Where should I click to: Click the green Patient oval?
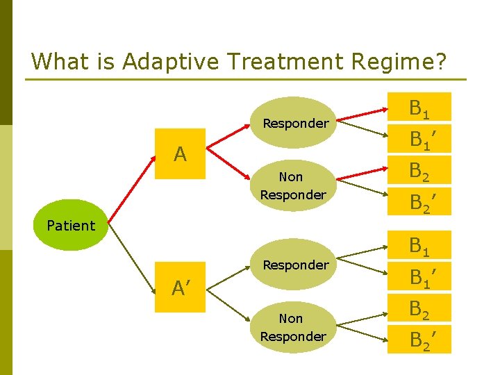coord(70,225)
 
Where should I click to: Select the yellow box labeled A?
coord(180,153)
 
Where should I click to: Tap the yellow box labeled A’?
coord(180,287)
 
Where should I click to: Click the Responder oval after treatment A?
coord(295,123)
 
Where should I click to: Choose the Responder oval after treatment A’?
coord(295,265)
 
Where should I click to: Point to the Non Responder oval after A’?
coord(292,327)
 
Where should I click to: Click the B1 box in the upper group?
coord(419,108)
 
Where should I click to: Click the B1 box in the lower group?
coord(419,245)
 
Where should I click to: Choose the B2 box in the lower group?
coord(419,308)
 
